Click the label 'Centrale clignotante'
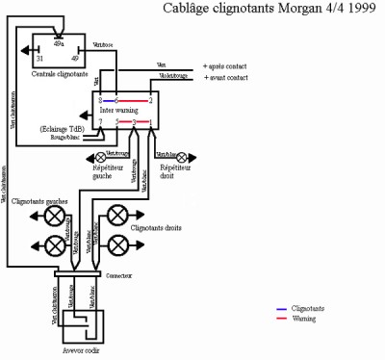(x=59, y=72)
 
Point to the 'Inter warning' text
(x=120, y=111)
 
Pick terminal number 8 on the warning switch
(x=100, y=100)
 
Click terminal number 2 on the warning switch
(x=150, y=100)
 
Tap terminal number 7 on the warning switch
(x=100, y=122)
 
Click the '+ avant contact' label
(x=227, y=76)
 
